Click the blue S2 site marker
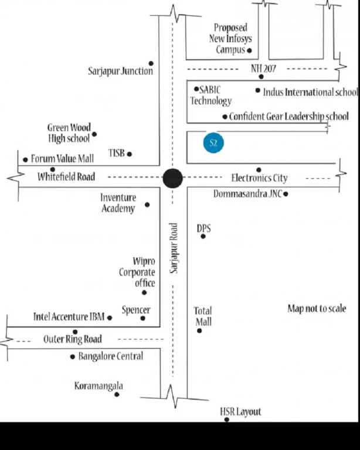coord(213,143)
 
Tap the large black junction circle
coord(172,178)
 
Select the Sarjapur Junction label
coord(120,71)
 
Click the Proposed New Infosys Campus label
coord(230,39)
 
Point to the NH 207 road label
coord(263,69)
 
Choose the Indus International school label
coord(310,92)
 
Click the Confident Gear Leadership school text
coord(288,117)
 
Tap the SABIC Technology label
coord(211,96)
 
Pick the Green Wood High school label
coord(69,133)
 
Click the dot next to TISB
coord(130,154)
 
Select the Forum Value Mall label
coord(62,159)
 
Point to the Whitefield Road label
coord(66,176)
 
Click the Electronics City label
coord(259,178)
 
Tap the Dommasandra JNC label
coord(247,193)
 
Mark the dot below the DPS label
coord(203,236)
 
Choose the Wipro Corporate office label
coord(137,272)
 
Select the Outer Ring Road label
coord(72,339)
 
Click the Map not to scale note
coord(316,309)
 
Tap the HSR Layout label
coord(240,412)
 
